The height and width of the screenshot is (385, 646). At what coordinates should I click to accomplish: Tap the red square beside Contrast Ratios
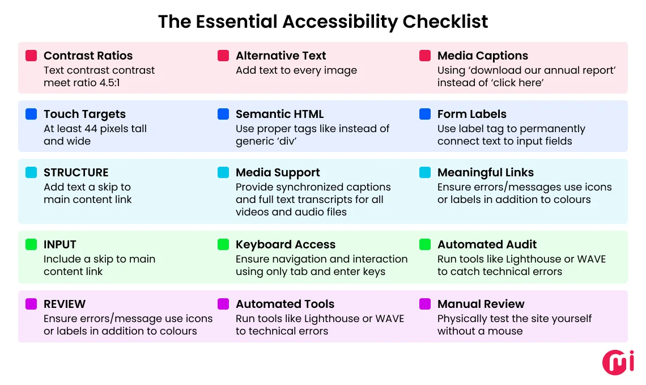pos(31,56)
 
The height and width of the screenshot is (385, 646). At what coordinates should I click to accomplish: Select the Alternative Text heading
pos(280,56)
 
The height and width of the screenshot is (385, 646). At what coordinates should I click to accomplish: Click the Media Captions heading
pos(482,56)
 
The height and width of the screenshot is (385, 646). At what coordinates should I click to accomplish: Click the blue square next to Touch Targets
pos(31,114)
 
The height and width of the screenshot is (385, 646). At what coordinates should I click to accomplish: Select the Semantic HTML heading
pos(279,114)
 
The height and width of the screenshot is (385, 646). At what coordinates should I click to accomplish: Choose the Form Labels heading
pos(471,114)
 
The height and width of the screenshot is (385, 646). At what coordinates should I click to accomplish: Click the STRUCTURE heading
pos(76,172)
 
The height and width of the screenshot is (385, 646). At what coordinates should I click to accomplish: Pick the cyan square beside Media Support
pos(223,172)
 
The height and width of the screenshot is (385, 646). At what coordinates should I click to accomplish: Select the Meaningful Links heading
pos(485,172)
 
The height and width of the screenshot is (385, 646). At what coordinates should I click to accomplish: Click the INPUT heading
pos(59,244)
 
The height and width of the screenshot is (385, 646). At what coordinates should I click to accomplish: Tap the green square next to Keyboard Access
pos(223,244)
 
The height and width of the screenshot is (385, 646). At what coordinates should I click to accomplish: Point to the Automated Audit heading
pos(487,244)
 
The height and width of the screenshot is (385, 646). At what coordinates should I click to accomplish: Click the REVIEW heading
pos(65,304)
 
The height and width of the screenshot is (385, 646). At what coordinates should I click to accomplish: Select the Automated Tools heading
pos(285,304)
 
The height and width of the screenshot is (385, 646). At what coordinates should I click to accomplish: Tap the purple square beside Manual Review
pos(425,304)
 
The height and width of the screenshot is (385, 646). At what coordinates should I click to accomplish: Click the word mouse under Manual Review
pos(505,331)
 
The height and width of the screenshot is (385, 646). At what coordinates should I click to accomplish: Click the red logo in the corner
pos(618,362)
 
